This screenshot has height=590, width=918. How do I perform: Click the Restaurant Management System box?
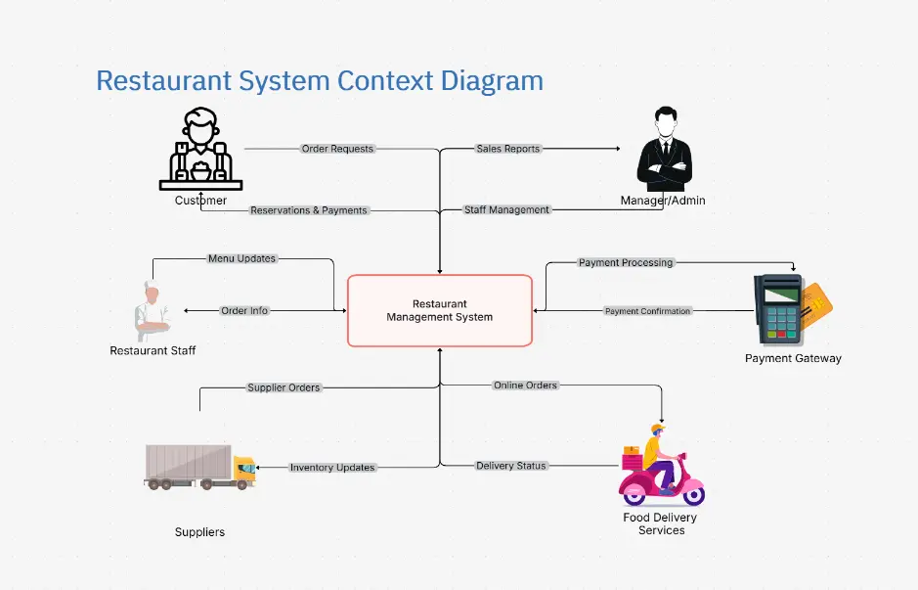point(440,310)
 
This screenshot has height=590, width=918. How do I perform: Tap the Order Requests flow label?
point(337,149)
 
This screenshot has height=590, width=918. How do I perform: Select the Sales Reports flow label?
point(508,149)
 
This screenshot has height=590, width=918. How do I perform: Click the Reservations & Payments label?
point(309,210)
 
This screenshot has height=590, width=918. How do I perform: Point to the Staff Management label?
point(506,210)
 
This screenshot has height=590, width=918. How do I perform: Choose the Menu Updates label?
point(241,259)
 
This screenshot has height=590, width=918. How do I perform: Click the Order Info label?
point(244,311)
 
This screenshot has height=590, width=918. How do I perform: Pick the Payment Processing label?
point(626,263)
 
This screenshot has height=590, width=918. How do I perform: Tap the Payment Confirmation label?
point(647,311)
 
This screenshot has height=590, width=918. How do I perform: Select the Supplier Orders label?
point(284,387)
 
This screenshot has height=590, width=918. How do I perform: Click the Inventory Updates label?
point(332,468)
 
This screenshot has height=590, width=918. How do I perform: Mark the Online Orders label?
point(525,386)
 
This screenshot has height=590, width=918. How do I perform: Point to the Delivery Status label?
point(510,466)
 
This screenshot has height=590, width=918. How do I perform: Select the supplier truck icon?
point(200,466)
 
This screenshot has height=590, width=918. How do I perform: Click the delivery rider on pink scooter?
point(661,465)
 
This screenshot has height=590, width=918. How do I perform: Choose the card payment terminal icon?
point(790,308)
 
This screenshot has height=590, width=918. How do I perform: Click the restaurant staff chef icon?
point(152,311)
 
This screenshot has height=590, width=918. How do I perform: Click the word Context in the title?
point(368,79)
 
